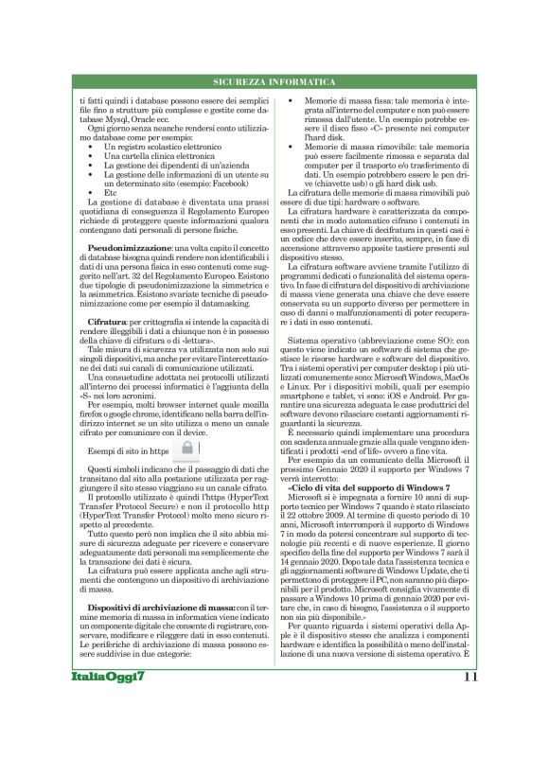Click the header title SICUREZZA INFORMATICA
point(274,83)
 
